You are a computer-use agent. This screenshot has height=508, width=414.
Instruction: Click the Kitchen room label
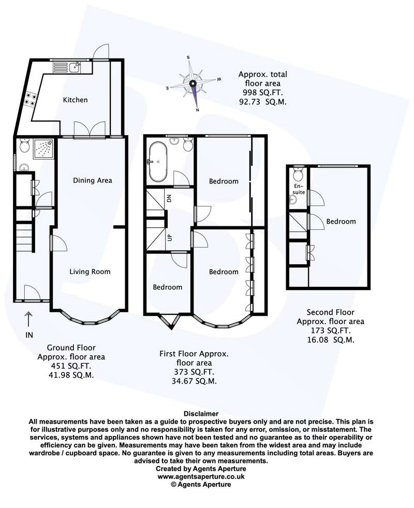[x=75, y=100]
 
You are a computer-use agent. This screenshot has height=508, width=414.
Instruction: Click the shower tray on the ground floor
[x=43, y=149]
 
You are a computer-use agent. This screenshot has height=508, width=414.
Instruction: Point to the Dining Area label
[x=93, y=180]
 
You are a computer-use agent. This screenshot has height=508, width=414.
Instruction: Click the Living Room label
[x=90, y=272]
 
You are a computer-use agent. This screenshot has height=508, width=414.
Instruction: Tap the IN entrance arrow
[x=29, y=319]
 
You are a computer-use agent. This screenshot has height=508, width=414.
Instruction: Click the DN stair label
[x=169, y=199]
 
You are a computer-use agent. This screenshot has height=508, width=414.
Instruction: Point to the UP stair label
[x=169, y=238]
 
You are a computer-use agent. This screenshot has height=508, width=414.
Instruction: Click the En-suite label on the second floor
[x=299, y=189]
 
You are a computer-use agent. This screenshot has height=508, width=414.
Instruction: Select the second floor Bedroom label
[x=341, y=222]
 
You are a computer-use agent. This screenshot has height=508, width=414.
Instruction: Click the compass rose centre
[x=193, y=83]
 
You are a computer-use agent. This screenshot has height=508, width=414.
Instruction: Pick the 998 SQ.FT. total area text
[x=263, y=93]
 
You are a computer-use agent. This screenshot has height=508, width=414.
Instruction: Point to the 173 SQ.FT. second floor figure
[x=331, y=331]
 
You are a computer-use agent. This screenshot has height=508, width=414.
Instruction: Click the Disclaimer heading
[x=201, y=414]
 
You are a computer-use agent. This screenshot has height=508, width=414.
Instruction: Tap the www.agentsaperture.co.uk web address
[x=201, y=476]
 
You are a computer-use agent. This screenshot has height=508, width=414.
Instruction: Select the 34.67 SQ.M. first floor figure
[x=194, y=381]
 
